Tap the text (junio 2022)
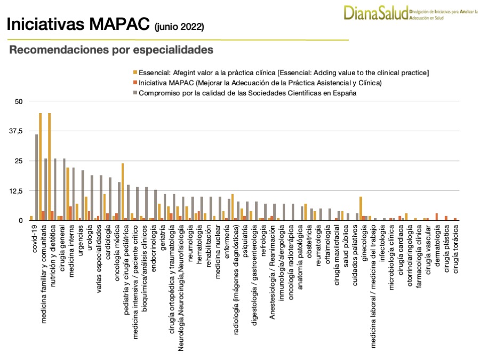pos(179,26)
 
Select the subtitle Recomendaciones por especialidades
pos(111,50)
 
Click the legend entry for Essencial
pos(284,73)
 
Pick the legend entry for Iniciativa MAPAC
pos(260,83)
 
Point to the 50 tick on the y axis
pos(19,101)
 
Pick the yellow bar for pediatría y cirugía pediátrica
pos(123,191)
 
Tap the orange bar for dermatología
pos(437,217)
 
